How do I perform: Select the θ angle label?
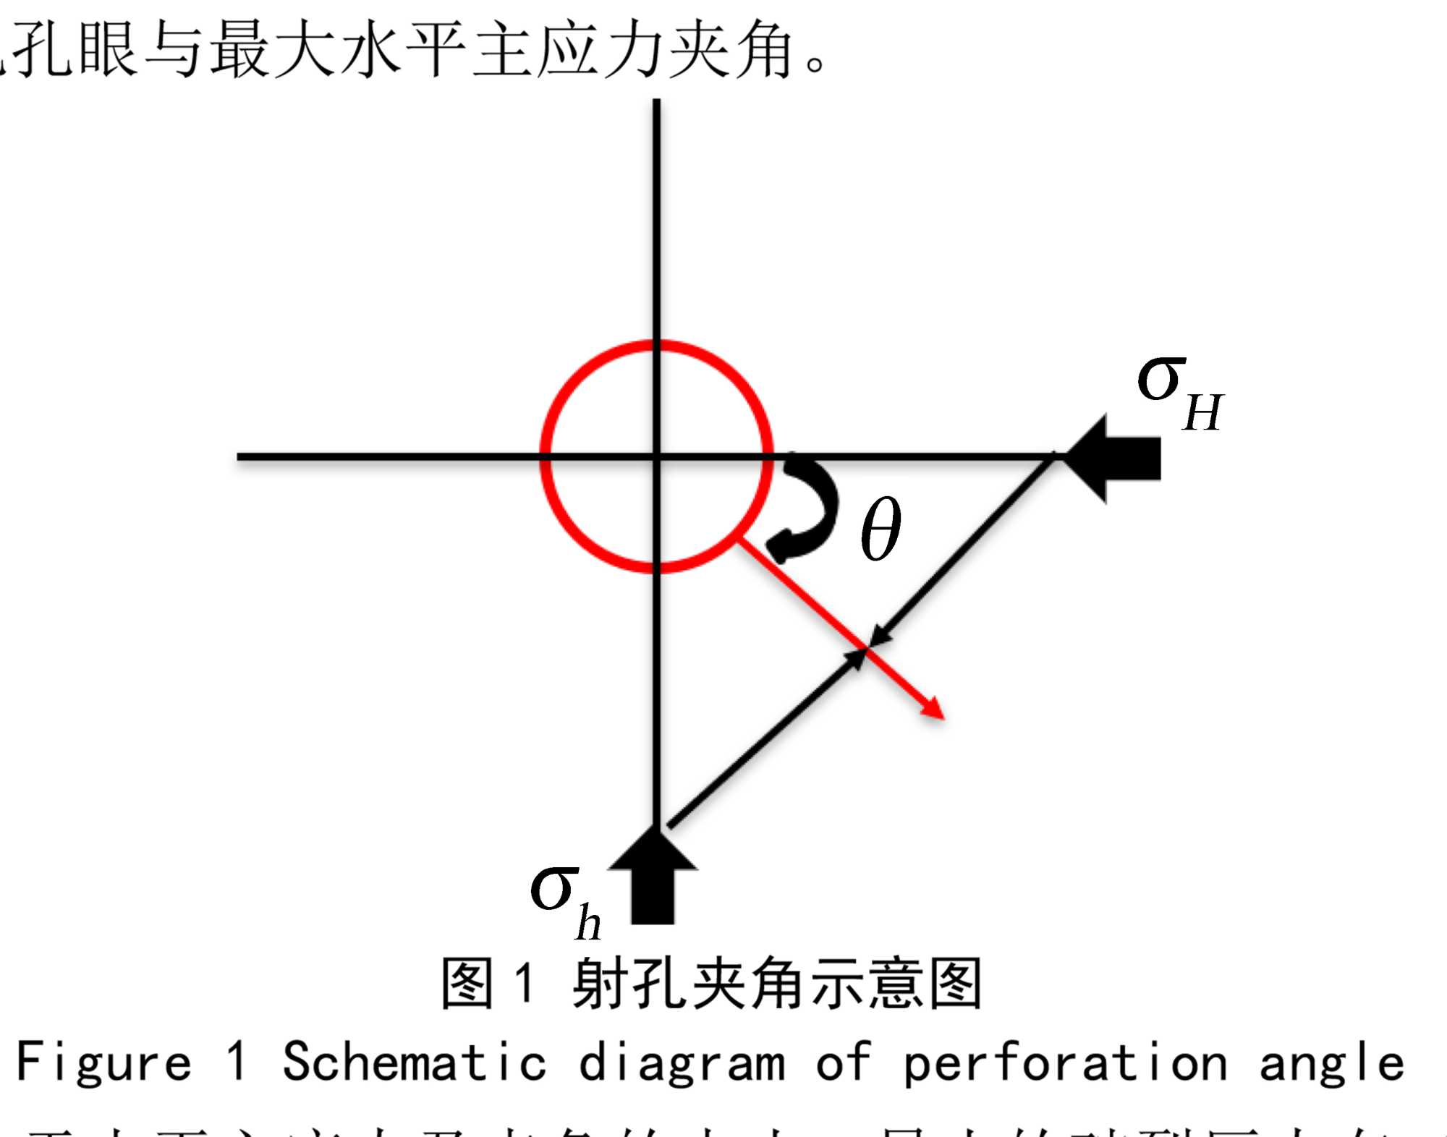pyautogui.click(x=880, y=529)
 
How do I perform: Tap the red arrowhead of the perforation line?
pyautogui.click(x=933, y=709)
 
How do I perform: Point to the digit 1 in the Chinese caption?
pyautogui.click(x=525, y=982)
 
